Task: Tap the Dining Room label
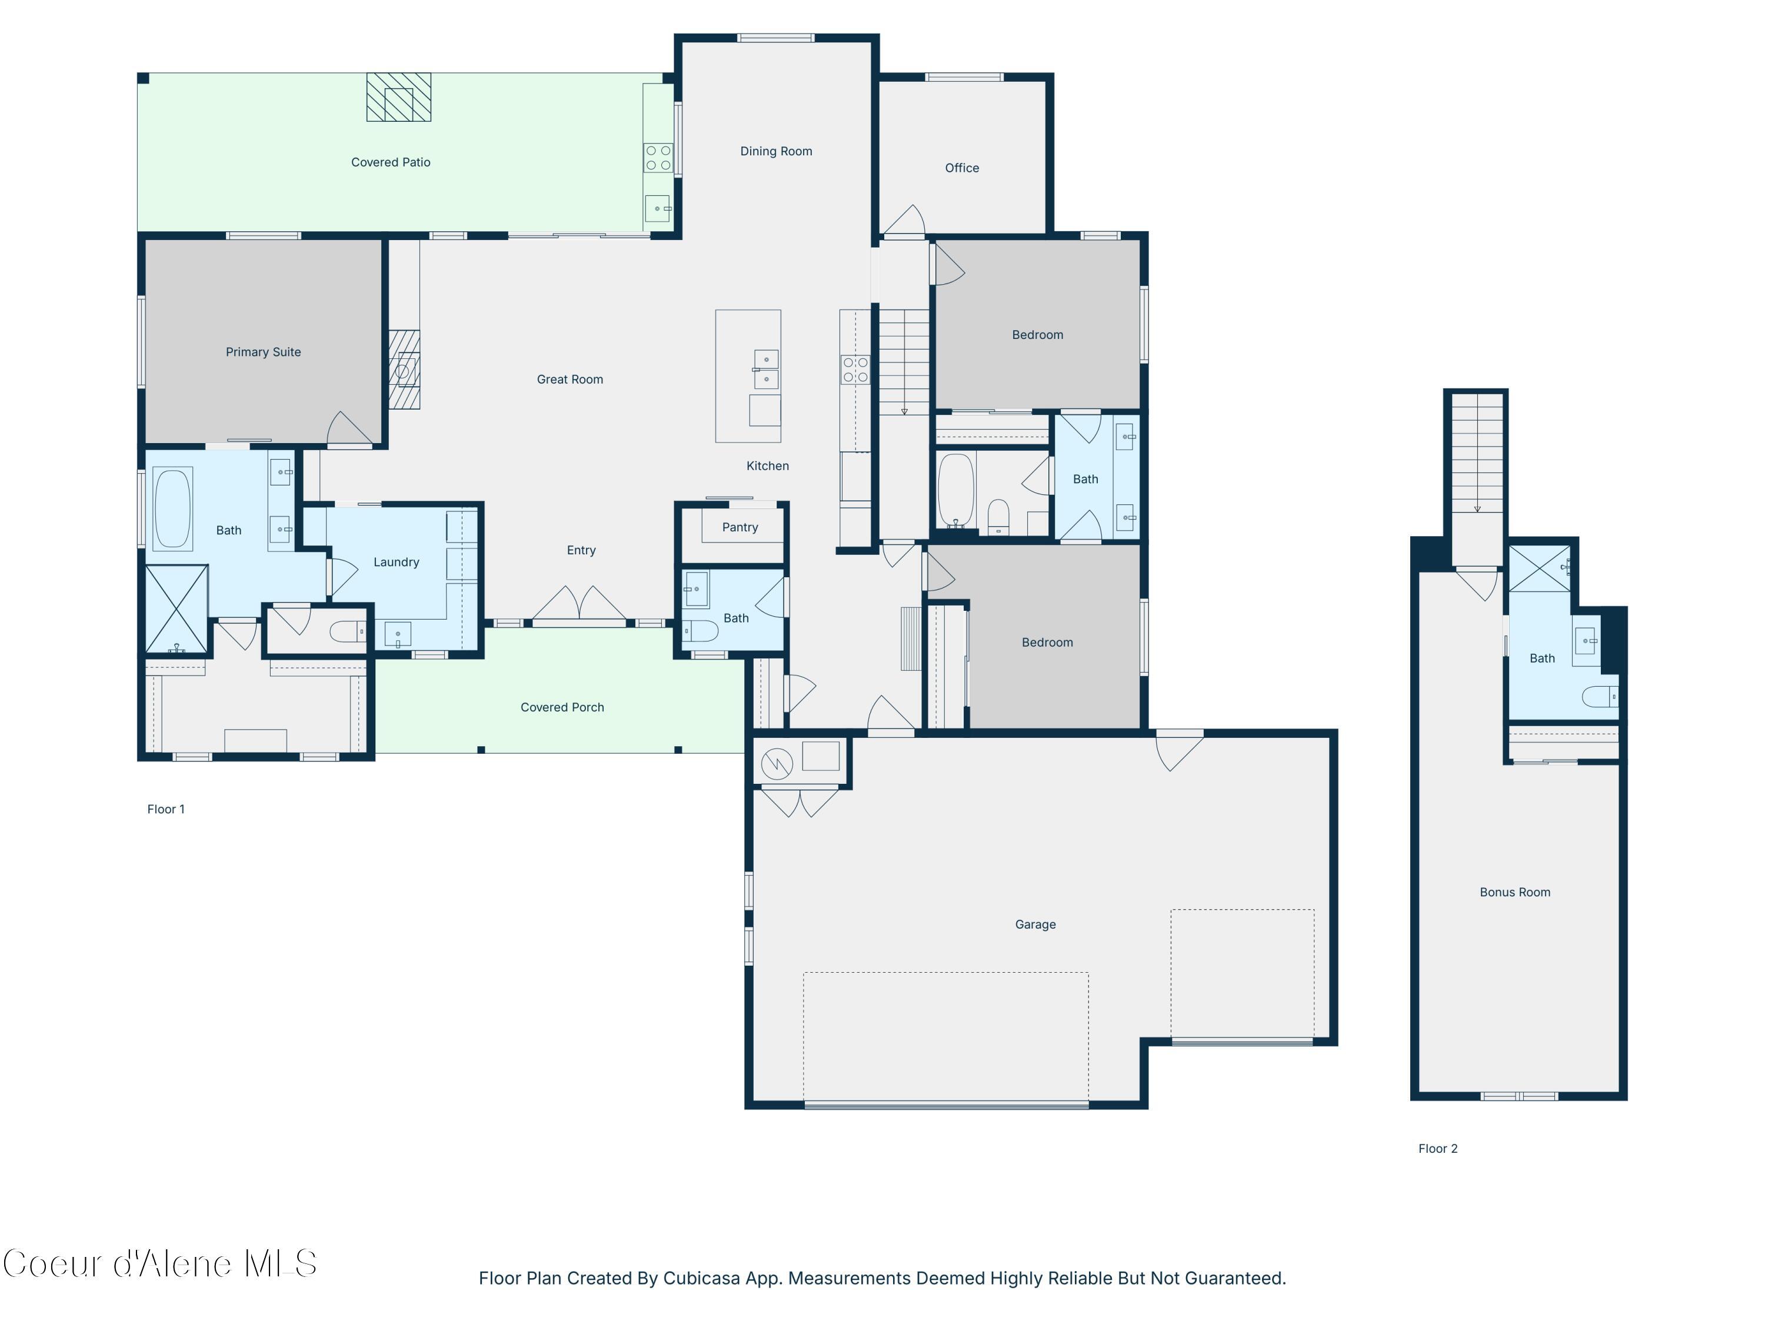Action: pyautogui.click(x=775, y=151)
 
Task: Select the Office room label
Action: pyautogui.click(x=961, y=168)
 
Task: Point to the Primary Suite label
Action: pyautogui.click(x=264, y=352)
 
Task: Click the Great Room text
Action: pyautogui.click(x=570, y=379)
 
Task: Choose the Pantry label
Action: pyautogui.click(x=740, y=527)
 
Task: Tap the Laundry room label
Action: pyautogui.click(x=396, y=562)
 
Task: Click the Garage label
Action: pyautogui.click(x=1035, y=924)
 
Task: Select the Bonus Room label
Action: pyautogui.click(x=1514, y=892)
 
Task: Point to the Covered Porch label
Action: pyautogui.click(x=562, y=707)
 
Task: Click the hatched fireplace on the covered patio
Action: pyautogui.click(x=399, y=97)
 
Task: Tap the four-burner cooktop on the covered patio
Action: pyautogui.click(x=658, y=157)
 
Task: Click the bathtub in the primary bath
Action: pyautogui.click(x=172, y=508)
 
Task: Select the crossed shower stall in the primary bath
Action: pyautogui.click(x=176, y=609)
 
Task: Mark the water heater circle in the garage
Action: pyautogui.click(x=777, y=764)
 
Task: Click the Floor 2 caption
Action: pyautogui.click(x=1437, y=1149)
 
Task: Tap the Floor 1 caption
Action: pyautogui.click(x=166, y=809)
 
